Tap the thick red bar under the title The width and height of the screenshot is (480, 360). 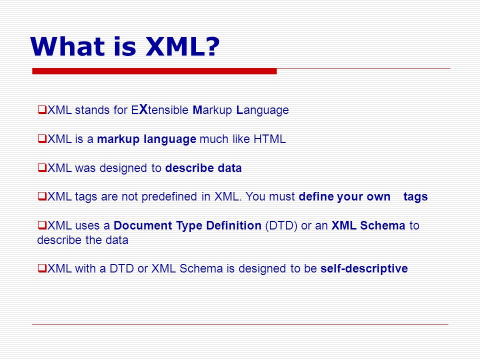click(154, 71)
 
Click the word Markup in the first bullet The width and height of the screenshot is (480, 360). click(212, 110)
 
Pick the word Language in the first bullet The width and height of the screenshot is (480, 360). click(262, 110)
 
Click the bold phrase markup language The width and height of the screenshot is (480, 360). click(146, 139)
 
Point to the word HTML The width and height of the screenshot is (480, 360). click(269, 139)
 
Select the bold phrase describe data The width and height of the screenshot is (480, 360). click(203, 168)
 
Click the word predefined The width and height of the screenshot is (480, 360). click(169, 196)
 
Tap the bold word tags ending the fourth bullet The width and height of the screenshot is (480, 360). click(415, 197)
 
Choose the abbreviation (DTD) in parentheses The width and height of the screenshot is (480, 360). click(281, 225)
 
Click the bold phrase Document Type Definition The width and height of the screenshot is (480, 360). click(187, 226)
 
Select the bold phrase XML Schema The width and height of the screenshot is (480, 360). click(368, 225)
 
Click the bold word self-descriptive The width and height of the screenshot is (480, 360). click(364, 269)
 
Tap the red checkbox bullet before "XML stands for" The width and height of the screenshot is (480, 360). click(42, 109)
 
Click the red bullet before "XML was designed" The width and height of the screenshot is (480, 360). click(42, 168)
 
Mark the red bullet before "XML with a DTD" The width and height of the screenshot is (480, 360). click(42, 268)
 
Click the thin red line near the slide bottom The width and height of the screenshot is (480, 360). click(240, 324)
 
